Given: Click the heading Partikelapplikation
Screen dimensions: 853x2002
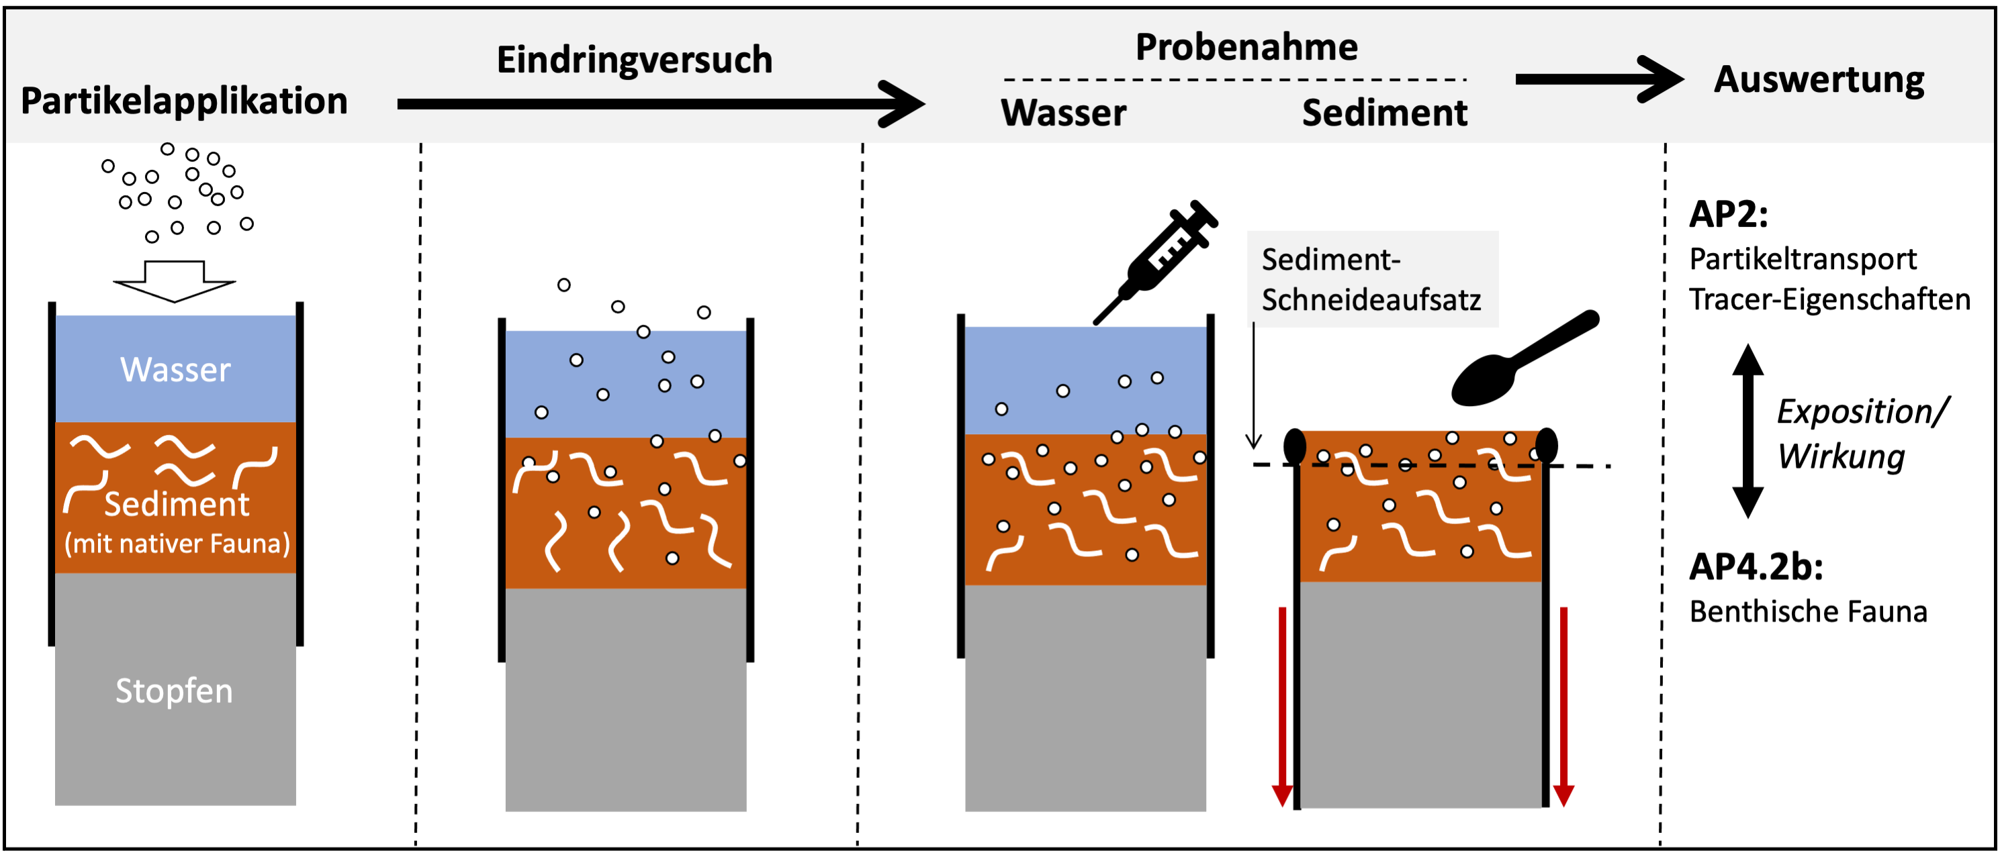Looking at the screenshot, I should (183, 101).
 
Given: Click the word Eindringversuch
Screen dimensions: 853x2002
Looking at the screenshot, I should (634, 60).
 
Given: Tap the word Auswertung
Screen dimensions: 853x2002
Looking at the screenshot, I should (1819, 79).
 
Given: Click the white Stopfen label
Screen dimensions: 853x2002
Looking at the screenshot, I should (174, 691).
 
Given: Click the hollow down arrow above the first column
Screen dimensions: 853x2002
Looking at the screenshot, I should (174, 281).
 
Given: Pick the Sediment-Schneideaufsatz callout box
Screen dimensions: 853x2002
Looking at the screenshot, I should (1371, 279).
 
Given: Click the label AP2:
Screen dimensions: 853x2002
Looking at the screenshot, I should (1729, 214).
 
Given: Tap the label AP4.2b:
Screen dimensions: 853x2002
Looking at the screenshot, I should (1756, 567).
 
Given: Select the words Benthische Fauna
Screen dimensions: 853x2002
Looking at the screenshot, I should (1808, 612).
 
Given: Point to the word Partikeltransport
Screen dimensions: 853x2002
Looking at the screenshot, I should (1803, 258).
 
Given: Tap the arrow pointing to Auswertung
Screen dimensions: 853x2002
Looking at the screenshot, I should (1597, 79).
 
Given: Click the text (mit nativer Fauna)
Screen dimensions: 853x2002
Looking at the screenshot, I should (177, 543).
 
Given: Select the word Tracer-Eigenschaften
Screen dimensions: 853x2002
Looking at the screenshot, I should (1829, 300).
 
